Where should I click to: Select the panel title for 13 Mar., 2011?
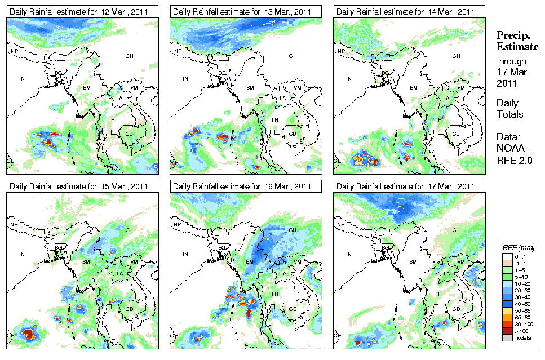pos(242,12)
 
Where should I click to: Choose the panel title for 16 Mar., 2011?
pos(242,186)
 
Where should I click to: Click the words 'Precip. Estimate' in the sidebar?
pos(516,41)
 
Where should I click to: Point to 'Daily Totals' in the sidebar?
pos(509,109)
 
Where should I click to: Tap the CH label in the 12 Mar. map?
pos(129,56)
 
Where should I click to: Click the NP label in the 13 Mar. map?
pos(178,51)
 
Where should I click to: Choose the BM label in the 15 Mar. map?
pos(87,263)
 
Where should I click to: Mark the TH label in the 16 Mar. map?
pos(275,294)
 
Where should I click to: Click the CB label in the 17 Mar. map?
pos(455,308)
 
